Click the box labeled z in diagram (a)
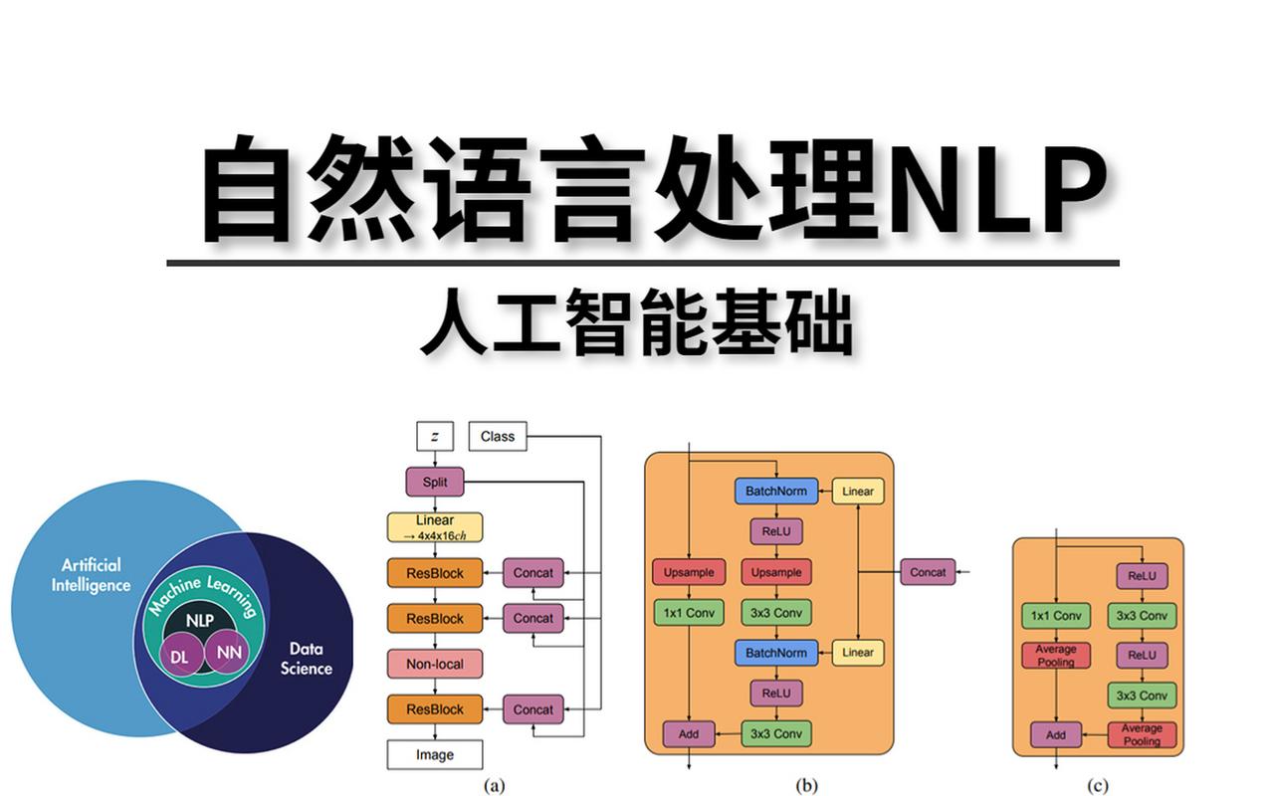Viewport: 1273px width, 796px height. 435,437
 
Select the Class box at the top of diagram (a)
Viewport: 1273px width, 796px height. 497,436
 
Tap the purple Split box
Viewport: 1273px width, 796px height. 435,483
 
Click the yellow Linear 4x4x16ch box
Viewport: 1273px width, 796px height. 434,527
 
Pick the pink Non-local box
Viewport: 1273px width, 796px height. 434,664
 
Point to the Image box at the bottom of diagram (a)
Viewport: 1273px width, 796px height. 434,755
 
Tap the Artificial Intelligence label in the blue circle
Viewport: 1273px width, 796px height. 91,575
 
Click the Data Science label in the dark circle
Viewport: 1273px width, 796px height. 306,659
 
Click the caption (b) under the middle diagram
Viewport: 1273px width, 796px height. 806,785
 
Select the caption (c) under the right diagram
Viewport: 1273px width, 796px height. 1097,785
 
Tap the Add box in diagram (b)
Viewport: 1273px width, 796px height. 689,734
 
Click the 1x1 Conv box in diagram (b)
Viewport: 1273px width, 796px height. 689,613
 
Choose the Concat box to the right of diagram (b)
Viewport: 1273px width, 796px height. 928,572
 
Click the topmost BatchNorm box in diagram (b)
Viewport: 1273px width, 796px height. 776,491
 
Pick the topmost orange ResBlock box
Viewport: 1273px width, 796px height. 434,572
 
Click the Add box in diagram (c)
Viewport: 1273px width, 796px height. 1055,735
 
